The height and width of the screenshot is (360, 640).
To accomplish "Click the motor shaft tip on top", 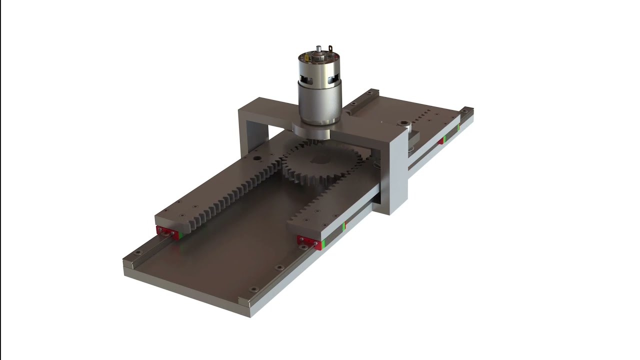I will point(318,48).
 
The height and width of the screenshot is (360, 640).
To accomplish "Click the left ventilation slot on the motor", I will point(303,78).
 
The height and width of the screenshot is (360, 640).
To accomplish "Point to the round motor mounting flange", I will point(311,131).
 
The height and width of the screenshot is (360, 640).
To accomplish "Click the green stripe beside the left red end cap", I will point(181,234).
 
